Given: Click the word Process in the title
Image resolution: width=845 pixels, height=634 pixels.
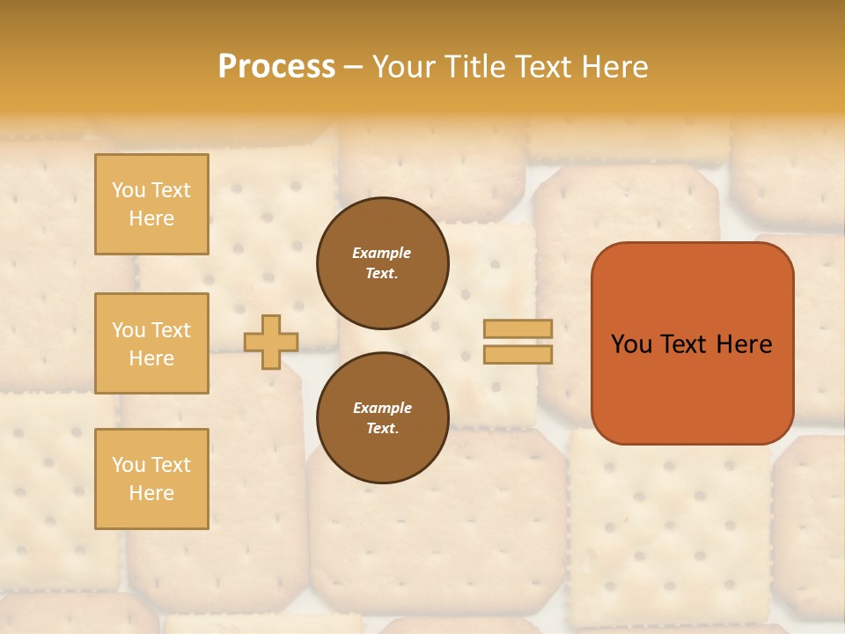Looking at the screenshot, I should point(276,67).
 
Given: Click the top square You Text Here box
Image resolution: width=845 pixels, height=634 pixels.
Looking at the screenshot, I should point(151,204).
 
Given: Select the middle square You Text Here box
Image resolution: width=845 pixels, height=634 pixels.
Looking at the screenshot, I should point(151,343).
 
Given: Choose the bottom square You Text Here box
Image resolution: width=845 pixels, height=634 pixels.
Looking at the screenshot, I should point(151,478).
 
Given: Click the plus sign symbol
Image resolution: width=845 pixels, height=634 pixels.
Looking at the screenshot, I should point(271,342).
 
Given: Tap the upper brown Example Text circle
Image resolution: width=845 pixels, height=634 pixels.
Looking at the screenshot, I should point(382,263).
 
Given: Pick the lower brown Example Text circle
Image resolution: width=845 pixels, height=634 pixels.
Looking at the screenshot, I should point(382,418).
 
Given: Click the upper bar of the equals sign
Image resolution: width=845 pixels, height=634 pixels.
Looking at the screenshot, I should point(518,329).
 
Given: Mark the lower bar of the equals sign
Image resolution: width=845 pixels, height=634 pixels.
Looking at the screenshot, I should point(518,355).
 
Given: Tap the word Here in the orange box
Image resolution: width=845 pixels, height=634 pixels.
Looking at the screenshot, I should point(743,344).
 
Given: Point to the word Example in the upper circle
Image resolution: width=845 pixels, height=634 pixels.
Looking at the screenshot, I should point(382,254).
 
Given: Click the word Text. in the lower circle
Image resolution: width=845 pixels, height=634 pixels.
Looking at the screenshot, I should point(382,429).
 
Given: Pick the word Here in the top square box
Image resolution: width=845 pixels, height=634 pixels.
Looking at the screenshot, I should point(151,218).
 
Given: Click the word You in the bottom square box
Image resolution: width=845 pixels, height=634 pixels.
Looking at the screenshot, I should point(128,465).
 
